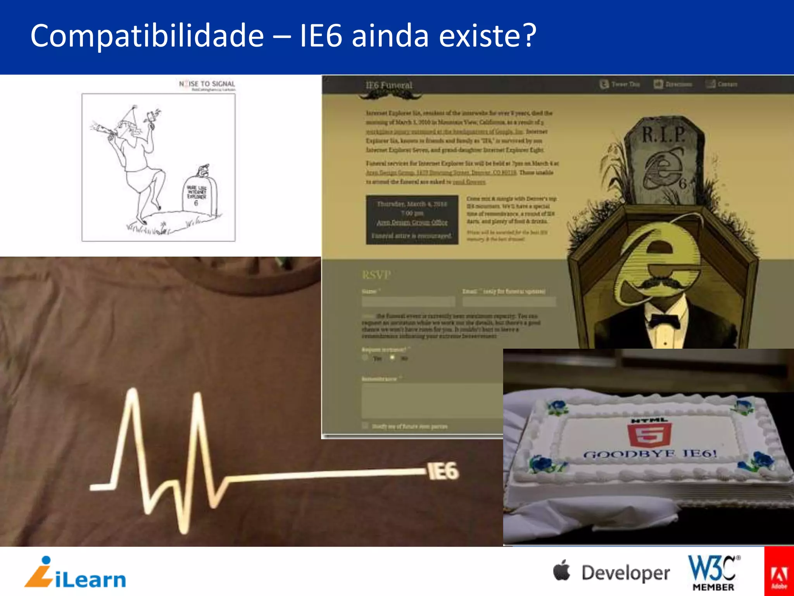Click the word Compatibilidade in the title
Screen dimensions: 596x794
pyautogui.click(x=147, y=36)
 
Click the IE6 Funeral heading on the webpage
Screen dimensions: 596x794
pyautogui.click(x=389, y=85)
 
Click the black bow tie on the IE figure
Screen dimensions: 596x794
pyautogui.click(x=665, y=322)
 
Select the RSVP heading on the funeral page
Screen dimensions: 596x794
pyautogui.click(x=376, y=275)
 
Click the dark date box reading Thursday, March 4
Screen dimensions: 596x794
pyautogui.click(x=412, y=220)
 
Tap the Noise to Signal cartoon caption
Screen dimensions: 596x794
pyautogui.click(x=207, y=84)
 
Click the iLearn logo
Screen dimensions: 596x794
pyautogui.click(x=76, y=573)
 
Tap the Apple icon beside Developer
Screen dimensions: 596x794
pyautogui.click(x=562, y=570)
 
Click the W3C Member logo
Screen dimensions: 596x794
pyautogui.click(x=713, y=573)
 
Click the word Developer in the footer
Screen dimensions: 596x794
pyautogui.click(x=625, y=573)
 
